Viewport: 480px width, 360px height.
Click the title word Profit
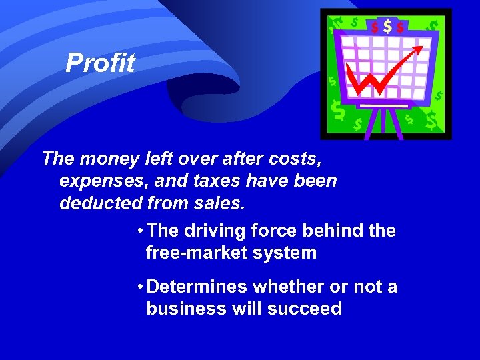point(100,63)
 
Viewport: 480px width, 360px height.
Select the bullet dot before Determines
point(138,287)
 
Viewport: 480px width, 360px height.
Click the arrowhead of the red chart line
point(419,48)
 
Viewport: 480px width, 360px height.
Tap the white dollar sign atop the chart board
point(387,27)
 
